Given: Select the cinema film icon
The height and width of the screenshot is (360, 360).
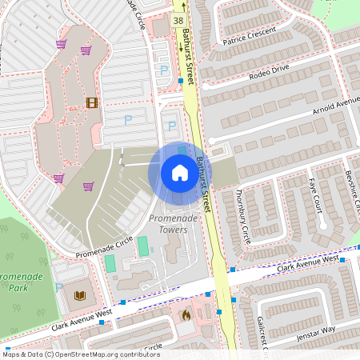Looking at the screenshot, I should tap(91, 102).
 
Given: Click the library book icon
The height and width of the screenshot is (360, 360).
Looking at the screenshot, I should tap(80, 295).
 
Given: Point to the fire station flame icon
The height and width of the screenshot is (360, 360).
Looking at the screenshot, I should tap(186, 314).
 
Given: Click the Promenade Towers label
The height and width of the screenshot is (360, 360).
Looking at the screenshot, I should tap(168, 224).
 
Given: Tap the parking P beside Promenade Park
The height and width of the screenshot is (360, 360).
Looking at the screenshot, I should tap(59, 287).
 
